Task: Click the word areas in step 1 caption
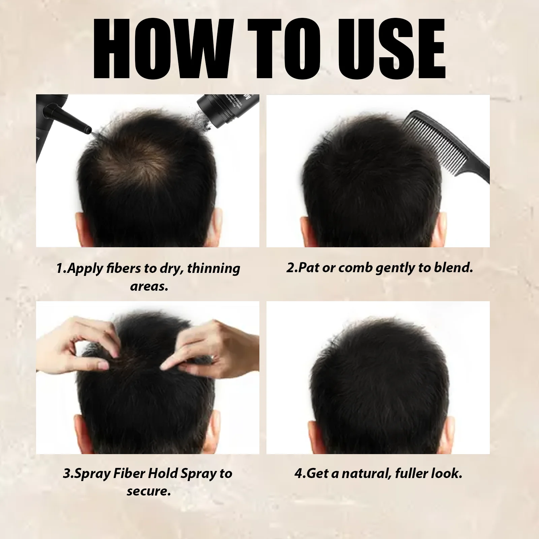coord(149,287)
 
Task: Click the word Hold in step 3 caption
coord(163,473)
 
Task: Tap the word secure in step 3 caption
coord(149,491)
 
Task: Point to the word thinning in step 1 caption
coord(214,268)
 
